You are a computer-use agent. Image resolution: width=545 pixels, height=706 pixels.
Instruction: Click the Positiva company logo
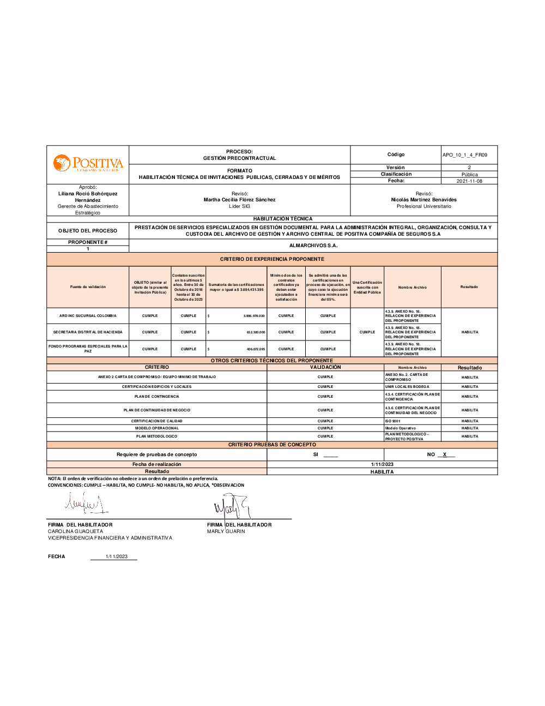(88, 164)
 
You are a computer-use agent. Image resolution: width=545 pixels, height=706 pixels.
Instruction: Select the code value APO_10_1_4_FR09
(465, 155)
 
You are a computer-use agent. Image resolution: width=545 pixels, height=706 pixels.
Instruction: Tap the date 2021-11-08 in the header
(469, 181)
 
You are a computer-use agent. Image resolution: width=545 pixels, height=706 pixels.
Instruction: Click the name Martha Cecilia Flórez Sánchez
(240, 200)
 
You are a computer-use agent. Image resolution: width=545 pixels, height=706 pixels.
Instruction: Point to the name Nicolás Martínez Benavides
(424, 200)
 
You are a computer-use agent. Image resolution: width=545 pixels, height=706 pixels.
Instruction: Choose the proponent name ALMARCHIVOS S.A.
(313, 246)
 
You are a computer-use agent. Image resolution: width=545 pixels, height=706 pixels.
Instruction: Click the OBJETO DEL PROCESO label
(88, 231)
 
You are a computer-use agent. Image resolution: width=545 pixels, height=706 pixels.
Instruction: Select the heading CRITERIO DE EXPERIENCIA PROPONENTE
(272, 259)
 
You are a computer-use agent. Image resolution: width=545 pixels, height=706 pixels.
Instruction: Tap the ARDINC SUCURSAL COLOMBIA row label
(88, 316)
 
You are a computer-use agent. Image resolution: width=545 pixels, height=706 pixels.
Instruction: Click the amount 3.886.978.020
(253, 316)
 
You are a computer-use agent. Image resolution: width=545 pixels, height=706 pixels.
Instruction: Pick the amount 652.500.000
(256, 332)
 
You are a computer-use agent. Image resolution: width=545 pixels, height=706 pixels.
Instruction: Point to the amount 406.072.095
(256, 349)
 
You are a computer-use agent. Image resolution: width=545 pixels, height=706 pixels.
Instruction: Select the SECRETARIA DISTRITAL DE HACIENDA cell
(88, 332)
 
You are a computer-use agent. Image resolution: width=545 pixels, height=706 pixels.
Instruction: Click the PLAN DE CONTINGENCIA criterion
(157, 397)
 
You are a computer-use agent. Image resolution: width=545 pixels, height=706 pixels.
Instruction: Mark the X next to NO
(445, 454)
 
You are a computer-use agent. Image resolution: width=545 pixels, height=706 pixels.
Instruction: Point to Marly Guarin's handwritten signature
(231, 507)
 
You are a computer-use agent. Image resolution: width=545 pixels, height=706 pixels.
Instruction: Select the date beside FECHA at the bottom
(117, 557)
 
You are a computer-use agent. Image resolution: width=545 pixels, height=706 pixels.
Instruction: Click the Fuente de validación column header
(88, 287)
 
